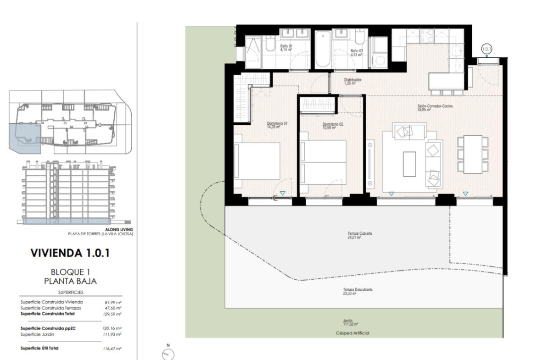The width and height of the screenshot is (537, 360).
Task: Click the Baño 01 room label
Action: point(286,46)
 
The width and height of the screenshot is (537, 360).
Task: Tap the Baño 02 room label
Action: point(357,50)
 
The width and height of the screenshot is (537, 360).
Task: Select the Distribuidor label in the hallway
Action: point(353,80)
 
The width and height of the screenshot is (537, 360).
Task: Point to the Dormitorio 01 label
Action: point(277,123)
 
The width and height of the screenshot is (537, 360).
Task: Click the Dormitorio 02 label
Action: point(333,124)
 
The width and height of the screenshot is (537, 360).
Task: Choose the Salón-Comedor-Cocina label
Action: point(435,106)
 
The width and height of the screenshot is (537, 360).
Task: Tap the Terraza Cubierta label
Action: point(359,233)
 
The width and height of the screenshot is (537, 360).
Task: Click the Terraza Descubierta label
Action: point(358,289)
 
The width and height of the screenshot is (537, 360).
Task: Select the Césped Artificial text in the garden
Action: point(352,333)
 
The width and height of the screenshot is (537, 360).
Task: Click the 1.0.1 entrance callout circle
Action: point(487,49)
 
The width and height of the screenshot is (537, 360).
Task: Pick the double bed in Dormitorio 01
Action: point(257,161)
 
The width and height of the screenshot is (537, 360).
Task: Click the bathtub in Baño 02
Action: point(323,49)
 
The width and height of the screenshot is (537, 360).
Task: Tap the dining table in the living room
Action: point(473,155)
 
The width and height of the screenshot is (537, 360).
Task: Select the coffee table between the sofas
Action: point(409,164)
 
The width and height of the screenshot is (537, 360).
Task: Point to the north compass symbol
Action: point(168,354)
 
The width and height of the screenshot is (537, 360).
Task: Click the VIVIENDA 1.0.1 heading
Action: point(70,253)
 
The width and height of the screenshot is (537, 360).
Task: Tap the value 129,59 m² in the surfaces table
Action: point(112,314)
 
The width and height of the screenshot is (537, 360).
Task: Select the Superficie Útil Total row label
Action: point(39,348)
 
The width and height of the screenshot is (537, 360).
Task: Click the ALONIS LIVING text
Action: point(119,230)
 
